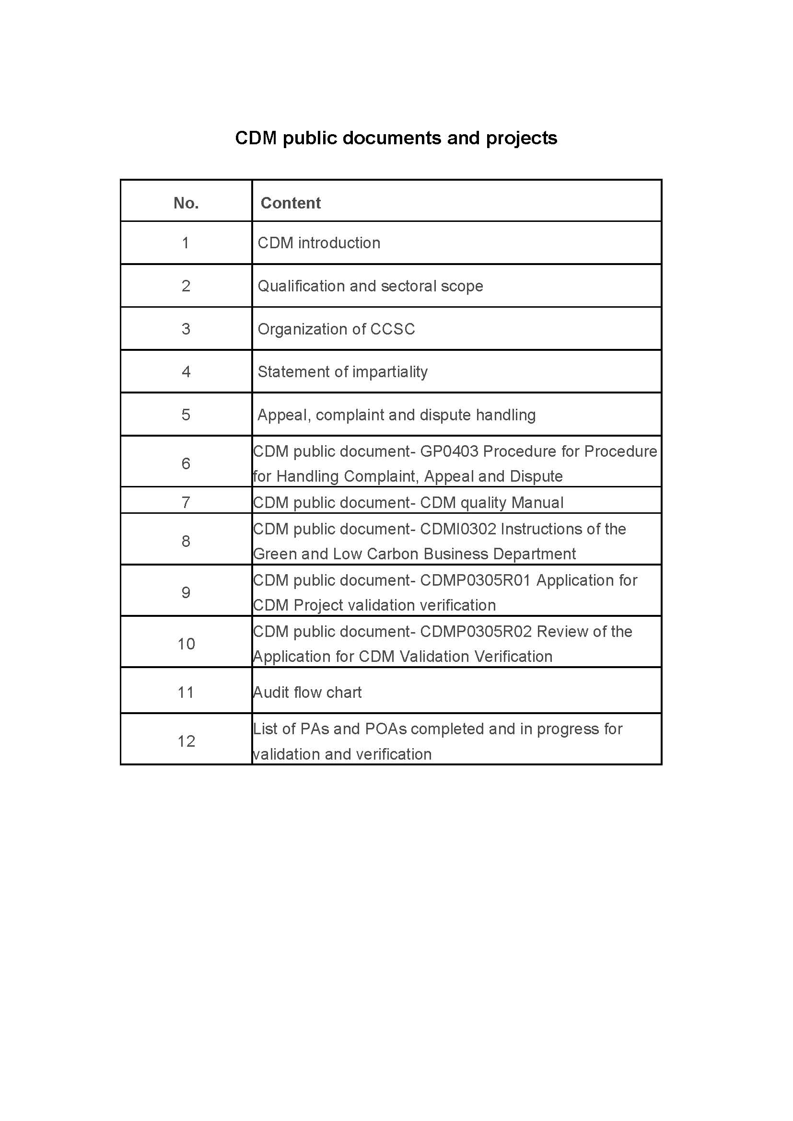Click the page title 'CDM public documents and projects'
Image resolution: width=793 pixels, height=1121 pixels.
tap(396, 138)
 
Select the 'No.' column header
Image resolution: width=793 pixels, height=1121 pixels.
tap(186, 203)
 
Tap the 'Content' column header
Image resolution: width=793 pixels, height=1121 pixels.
tap(291, 203)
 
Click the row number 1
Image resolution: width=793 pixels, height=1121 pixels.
tap(186, 243)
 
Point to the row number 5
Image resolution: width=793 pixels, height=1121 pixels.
tap(186, 415)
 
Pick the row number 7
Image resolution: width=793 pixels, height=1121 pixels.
tap(186, 502)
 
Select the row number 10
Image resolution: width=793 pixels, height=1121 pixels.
tap(186, 644)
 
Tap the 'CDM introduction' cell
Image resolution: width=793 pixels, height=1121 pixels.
tap(319, 243)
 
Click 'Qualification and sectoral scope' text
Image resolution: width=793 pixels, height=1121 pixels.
tap(370, 286)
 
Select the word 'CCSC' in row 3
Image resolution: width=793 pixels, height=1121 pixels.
tap(393, 329)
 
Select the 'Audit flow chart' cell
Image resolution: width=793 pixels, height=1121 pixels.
tap(307, 693)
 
